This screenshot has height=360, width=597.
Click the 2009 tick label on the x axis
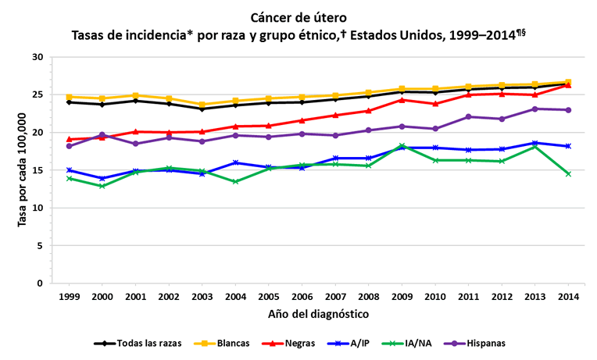click(x=402, y=297)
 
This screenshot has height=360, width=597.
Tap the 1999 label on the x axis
click(x=69, y=297)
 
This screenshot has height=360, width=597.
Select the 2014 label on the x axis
click(x=568, y=297)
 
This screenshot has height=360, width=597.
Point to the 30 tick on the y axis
click(x=38, y=57)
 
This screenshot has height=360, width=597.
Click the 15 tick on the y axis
click(x=38, y=170)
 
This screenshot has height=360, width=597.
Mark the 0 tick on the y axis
click(x=41, y=283)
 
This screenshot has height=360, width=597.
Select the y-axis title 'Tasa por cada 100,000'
click(x=22, y=169)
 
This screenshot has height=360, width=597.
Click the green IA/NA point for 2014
click(x=568, y=173)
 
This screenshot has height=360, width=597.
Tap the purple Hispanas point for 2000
click(x=102, y=135)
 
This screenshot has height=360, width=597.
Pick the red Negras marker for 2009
click(x=402, y=100)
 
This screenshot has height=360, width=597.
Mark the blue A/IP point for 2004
click(x=235, y=162)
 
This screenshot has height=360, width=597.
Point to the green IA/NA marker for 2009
click(x=402, y=146)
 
